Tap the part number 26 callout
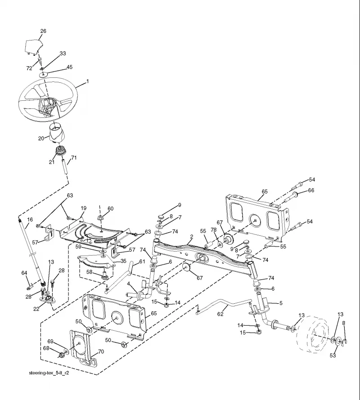[x=43, y=31]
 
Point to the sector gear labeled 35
[x=96, y=262]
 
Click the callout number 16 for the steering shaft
[x=30, y=220]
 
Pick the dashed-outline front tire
[x=315, y=334]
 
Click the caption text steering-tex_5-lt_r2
[x=49, y=373]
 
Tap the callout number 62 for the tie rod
[x=220, y=314]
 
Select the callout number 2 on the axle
[x=192, y=237]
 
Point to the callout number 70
[x=101, y=351]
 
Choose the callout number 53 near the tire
[x=333, y=355]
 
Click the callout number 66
[x=311, y=190]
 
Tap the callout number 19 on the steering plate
[x=83, y=208]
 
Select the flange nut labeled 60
[x=100, y=218]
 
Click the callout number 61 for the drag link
[x=142, y=262]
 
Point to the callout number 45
[x=69, y=67]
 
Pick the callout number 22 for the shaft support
[x=36, y=309]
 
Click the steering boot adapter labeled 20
[x=56, y=132]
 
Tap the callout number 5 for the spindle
[x=281, y=303]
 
